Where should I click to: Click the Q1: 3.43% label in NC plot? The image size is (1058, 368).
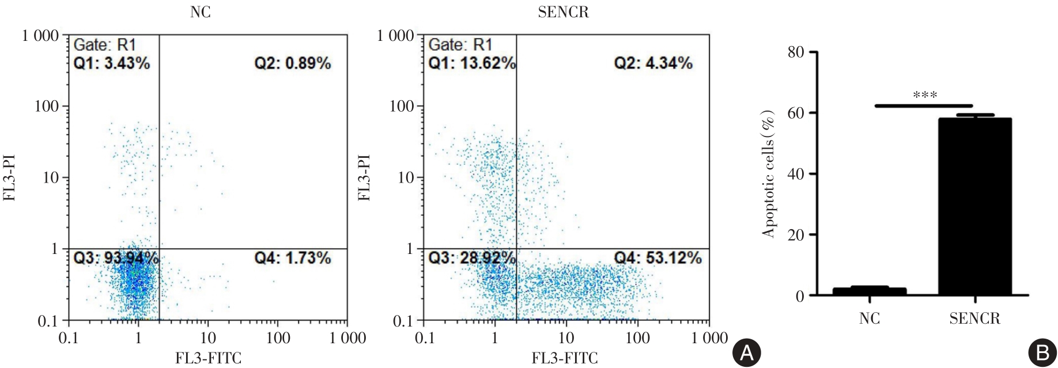[112, 63]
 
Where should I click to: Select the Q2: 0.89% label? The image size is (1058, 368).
[293, 63]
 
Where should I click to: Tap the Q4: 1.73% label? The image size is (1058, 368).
[293, 258]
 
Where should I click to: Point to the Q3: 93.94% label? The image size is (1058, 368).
[116, 258]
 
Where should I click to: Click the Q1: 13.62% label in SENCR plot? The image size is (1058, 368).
[472, 63]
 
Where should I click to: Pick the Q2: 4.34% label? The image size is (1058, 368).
[653, 63]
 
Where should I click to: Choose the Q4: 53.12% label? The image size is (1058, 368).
[658, 258]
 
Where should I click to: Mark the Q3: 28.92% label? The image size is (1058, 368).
[472, 258]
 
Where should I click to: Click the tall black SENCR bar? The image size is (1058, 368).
[974, 207]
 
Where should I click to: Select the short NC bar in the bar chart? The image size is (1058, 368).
[869, 291]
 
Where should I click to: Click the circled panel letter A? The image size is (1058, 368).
[746, 353]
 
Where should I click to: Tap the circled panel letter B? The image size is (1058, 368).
[1042, 353]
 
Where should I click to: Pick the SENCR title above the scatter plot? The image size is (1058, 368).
[563, 12]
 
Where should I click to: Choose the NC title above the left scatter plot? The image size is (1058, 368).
[201, 12]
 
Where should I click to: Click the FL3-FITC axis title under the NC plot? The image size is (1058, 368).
[208, 359]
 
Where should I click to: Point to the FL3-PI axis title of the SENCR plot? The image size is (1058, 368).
[364, 177]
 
